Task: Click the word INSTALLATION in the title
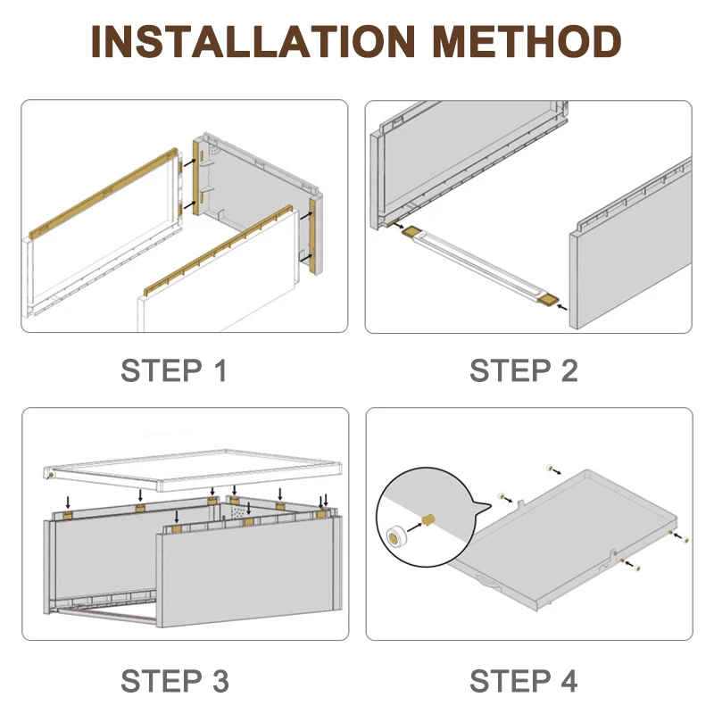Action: click(x=253, y=41)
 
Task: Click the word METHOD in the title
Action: click(x=527, y=41)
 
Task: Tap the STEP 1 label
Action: click(x=173, y=370)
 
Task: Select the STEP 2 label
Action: click(x=524, y=370)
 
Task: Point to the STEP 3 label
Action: click(x=175, y=681)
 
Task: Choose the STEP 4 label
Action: click(x=524, y=681)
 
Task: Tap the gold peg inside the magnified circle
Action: click(x=429, y=519)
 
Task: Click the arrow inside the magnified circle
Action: click(x=415, y=527)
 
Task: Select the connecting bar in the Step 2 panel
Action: click(x=480, y=265)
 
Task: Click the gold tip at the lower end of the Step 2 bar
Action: click(x=548, y=300)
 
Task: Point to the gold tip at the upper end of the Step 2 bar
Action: click(x=412, y=231)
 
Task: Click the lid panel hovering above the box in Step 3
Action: click(x=193, y=470)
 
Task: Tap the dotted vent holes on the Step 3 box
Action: click(x=239, y=511)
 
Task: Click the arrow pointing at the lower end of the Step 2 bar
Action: click(x=562, y=308)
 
